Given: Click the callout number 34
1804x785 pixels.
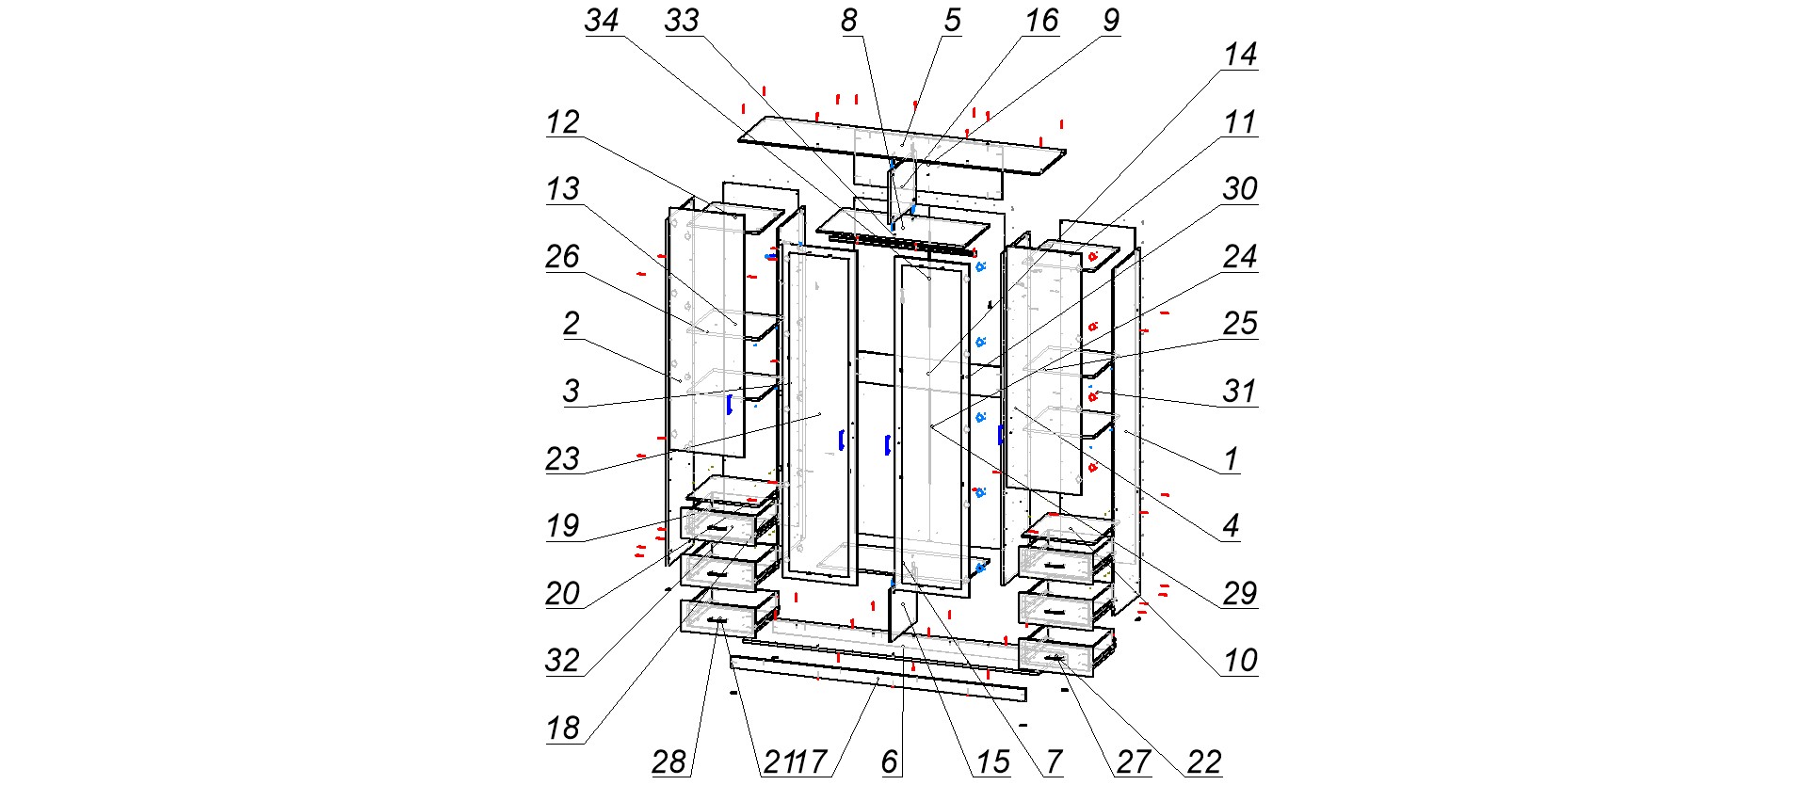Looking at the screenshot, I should [x=601, y=21].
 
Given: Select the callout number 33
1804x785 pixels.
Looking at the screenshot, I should [x=682, y=21].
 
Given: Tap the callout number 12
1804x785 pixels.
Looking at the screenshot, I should [x=562, y=122].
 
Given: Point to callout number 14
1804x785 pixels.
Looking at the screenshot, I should [x=1239, y=55].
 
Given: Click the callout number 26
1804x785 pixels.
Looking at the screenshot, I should [x=562, y=257].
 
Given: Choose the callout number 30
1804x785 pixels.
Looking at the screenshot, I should [x=1239, y=189].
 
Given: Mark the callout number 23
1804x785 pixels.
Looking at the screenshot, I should [x=562, y=459].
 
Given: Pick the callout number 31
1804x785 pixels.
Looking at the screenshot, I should [x=1239, y=392].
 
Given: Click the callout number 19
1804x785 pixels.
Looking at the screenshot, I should [x=562, y=526].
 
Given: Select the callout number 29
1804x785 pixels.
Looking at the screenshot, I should [x=1239, y=594].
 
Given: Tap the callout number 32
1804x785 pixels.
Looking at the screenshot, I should [x=562, y=661].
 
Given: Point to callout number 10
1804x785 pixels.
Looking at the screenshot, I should [x=1239, y=661].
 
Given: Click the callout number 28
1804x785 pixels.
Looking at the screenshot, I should [x=668, y=762].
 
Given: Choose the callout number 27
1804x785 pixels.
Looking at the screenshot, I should [x=1134, y=762].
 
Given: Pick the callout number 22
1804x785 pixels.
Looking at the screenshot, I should [x=1203, y=762].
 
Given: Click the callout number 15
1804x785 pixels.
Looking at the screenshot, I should [x=992, y=762].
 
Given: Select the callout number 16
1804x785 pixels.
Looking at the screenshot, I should [x=1041, y=21].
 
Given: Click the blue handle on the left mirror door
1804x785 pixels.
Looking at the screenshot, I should [x=840, y=441].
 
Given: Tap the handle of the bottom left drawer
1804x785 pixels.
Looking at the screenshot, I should [x=717, y=619].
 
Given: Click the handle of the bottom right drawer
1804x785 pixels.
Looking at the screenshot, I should [x=1055, y=657].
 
